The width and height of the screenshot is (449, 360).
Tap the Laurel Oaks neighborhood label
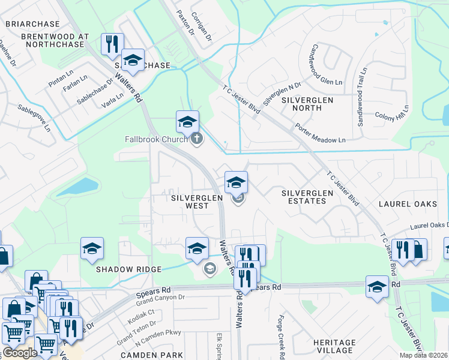tap(408, 204)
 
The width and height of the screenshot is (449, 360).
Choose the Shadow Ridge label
tap(129, 269)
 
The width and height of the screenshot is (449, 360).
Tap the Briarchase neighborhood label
tap(32, 24)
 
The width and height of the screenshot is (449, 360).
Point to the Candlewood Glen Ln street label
tap(327, 64)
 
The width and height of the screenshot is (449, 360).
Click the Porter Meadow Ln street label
tap(320, 134)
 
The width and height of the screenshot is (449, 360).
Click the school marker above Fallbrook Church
tap(187, 122)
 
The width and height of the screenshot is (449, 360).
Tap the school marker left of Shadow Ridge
tap(92, 248)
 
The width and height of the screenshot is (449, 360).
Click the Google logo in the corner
tap(20, 353)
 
